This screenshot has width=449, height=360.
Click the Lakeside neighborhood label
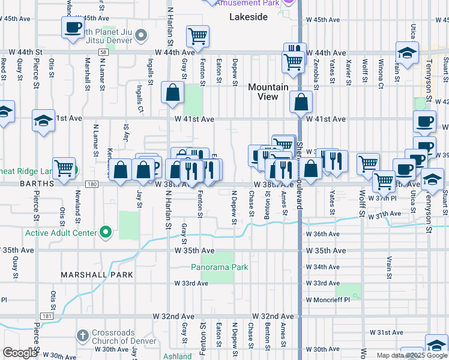tap(249, 17)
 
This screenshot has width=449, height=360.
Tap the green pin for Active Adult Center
tap(106, 232)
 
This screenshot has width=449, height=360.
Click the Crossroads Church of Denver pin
tap(83, 334)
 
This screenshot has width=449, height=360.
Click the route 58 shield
tap(104, 53)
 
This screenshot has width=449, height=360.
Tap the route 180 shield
tap(91, 185)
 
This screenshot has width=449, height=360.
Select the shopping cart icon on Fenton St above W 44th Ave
tap(197, 36)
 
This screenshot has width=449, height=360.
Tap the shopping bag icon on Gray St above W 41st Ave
tap(172, 93)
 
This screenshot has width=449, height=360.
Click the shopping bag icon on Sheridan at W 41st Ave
tap(301, 102)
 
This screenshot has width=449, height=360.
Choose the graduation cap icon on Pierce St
tap(43, 120)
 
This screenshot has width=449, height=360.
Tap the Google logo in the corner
tap(20, 352)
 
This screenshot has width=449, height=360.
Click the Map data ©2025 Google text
tap(411, 355)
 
